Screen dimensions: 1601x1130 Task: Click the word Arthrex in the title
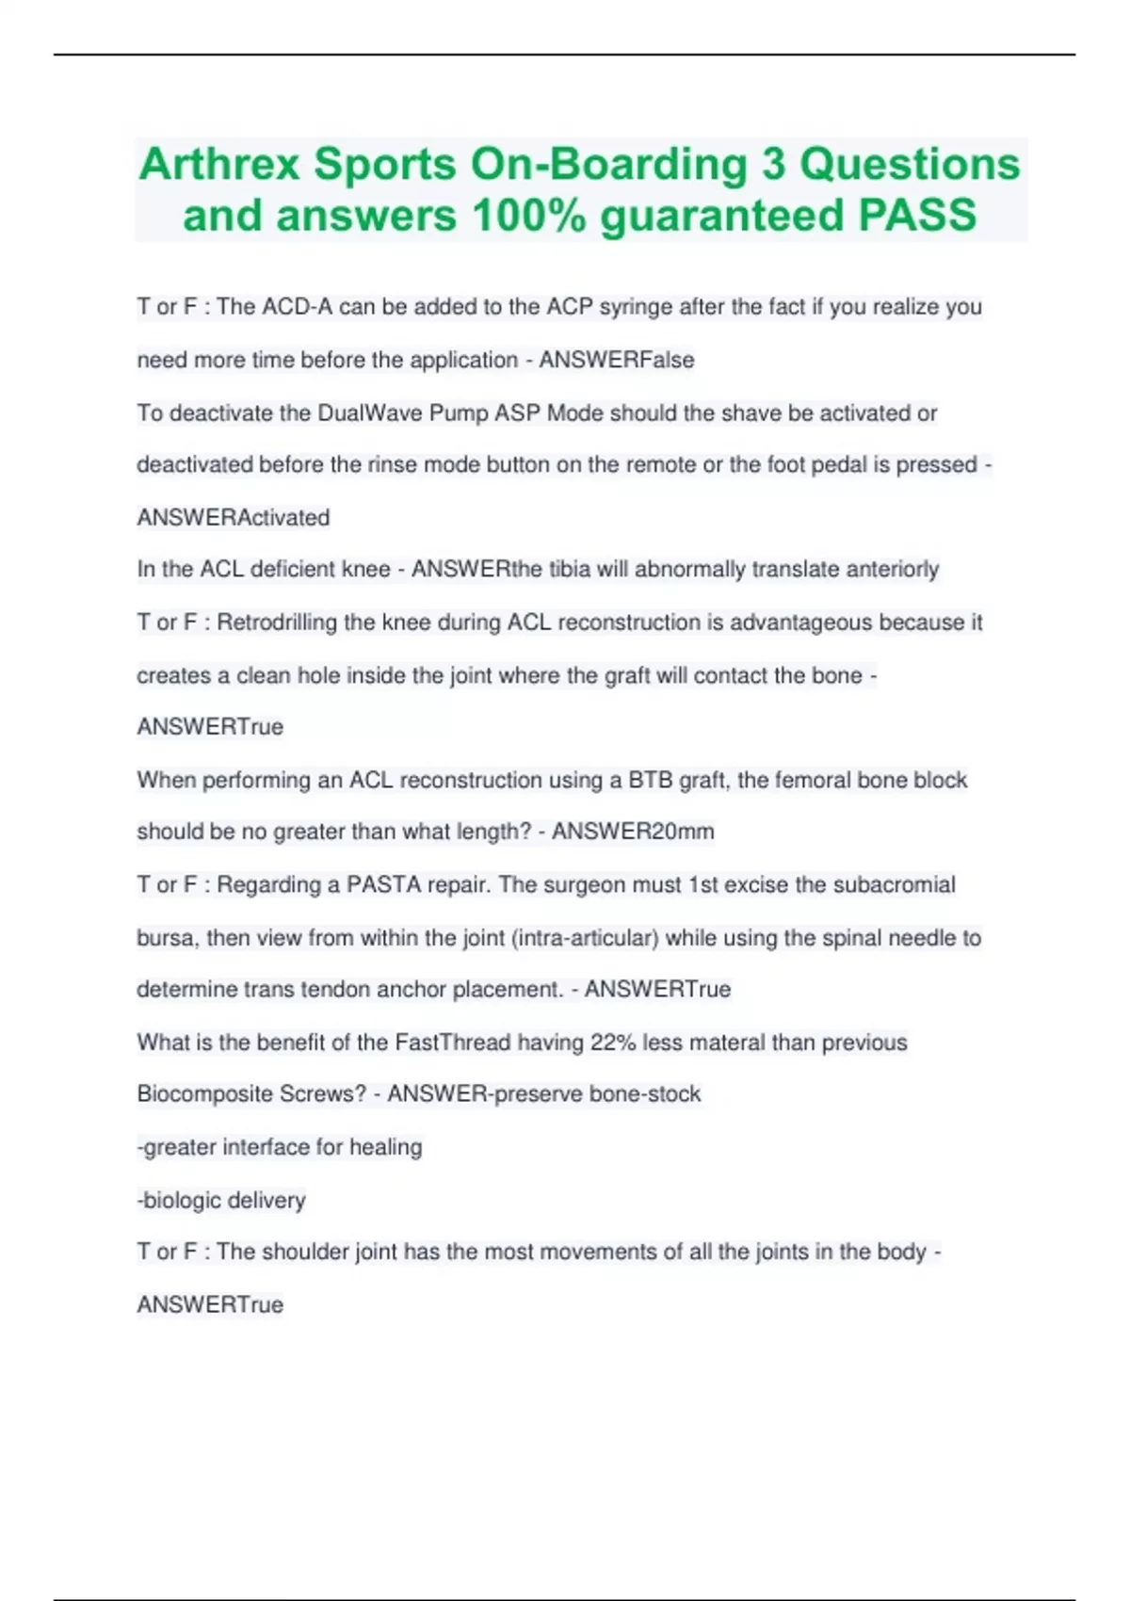coord(218,164)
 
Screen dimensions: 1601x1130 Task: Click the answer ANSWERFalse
coord(616,360)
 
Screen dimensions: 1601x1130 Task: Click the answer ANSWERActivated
coord(234,517)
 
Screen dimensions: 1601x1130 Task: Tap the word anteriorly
coord(892,569)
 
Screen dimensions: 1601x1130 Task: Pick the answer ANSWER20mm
coord(633,831)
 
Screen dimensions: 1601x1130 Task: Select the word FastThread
coord(452,1042)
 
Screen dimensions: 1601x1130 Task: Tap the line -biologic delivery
coord(221,1200)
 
